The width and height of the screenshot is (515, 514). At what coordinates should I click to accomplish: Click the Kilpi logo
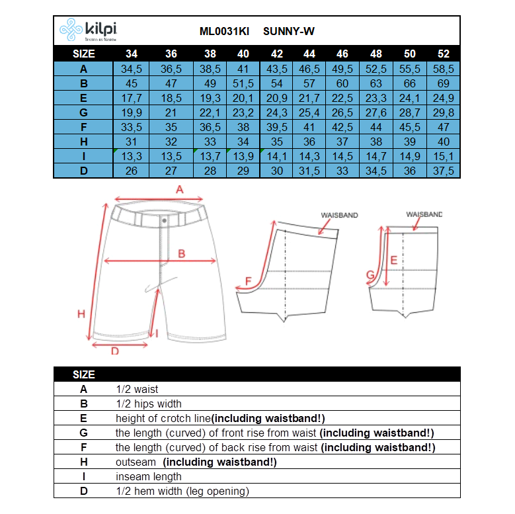click(x=89, y=30)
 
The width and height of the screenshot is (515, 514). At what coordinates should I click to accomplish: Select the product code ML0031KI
click(x=224, y=31)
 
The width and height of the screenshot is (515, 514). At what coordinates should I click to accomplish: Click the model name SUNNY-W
click(x=289, y=31)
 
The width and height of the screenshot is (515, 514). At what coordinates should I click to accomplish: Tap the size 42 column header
click(x=277, y=54)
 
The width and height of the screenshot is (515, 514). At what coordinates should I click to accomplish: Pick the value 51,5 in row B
click(x=243, y=83)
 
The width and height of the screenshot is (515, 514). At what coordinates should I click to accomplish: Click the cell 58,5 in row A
click(x=443, y=69)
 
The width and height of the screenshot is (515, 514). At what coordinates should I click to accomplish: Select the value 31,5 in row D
click(x=309, y=171)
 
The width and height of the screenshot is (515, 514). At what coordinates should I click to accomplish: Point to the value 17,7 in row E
click(x=132, y=98)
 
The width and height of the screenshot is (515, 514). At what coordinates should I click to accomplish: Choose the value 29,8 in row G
click(x=443, y=112)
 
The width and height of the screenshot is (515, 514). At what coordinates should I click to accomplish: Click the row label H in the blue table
click(x=83, y=142)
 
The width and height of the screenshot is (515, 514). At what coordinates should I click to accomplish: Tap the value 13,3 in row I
click(x=132, y=156)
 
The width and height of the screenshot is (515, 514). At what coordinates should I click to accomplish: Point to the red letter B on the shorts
click(x=181, y=253)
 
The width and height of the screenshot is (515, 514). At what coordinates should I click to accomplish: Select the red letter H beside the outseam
click(x=81, y=314)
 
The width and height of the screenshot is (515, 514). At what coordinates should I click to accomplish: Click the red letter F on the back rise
click(x=248, y=281)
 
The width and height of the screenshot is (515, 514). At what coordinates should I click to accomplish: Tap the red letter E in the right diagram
click(x=393, y=260)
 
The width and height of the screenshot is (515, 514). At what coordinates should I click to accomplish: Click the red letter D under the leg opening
click(x=114, y=351)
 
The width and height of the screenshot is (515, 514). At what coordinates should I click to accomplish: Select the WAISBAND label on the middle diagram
click(x=339, y=216)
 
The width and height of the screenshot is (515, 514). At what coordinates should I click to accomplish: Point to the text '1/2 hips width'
click(x=148, y=404)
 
